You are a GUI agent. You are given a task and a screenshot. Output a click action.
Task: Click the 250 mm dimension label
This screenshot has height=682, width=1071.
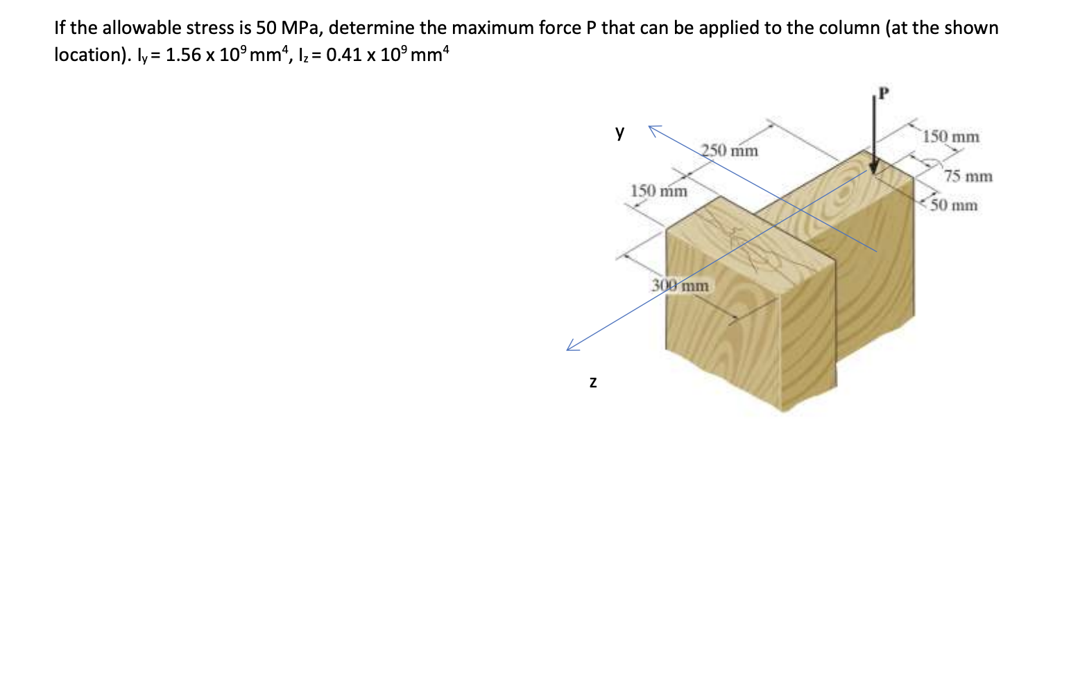730,150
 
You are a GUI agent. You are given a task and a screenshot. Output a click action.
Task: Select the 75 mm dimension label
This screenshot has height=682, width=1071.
968,176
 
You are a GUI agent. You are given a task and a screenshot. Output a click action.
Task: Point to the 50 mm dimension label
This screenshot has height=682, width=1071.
954,205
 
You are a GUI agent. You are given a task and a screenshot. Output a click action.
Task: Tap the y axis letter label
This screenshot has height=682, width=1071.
619,132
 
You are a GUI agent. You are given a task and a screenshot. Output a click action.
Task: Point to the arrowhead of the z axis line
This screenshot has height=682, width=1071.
570,349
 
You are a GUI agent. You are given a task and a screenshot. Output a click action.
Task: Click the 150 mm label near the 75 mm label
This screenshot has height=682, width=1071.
951,137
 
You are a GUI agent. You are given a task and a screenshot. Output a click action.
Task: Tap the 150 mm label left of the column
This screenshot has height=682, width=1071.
659,191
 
